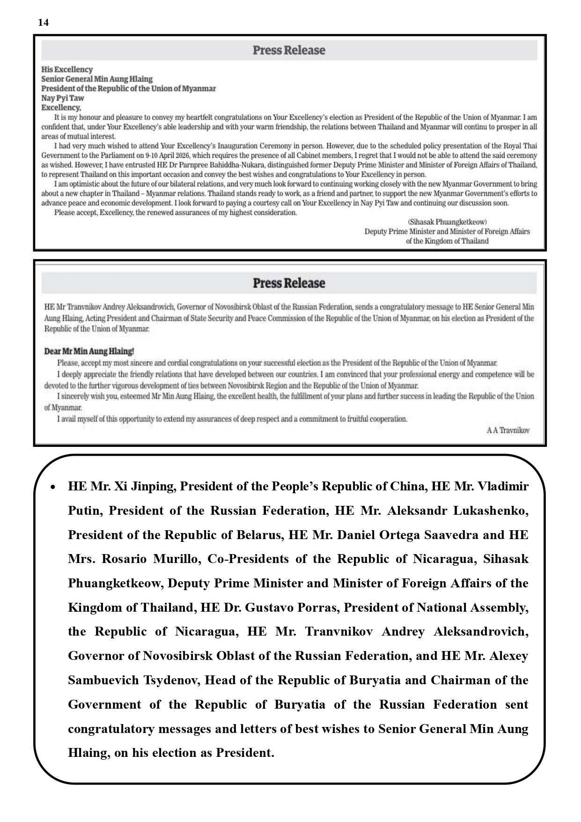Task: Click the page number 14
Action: (x=43, y=22)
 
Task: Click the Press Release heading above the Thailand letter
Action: (x=289, y=50)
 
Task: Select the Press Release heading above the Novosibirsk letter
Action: (x=289, y=283)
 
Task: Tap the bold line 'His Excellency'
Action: (x=67, y=69)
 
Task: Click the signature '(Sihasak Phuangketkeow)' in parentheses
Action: (x=447, y=222)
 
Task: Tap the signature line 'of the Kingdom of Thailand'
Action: (x=447, y=241)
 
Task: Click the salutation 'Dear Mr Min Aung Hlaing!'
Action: (x=89, y=351)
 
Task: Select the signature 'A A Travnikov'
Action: (x=508, y=430)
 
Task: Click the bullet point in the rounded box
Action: (x=53, y=487)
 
